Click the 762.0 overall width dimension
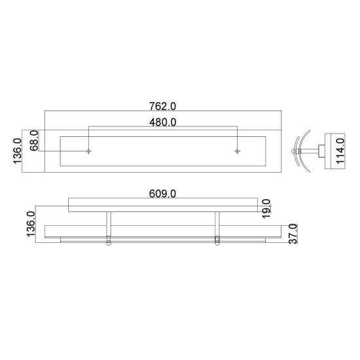click(x=162, y=106)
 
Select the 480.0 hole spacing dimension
click(x=162, y=122)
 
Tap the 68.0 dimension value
click(x=34, y=141)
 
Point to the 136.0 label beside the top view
click(x=18, y=151)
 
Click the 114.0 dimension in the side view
click(x=340, y=151)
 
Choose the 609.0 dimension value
click(x=162, y=194)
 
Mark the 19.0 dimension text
click(x=266, y=209)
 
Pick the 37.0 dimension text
click(x=293, y=234)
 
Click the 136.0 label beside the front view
click(x=31, y=224)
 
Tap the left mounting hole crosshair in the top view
click(x=88, y=151)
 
